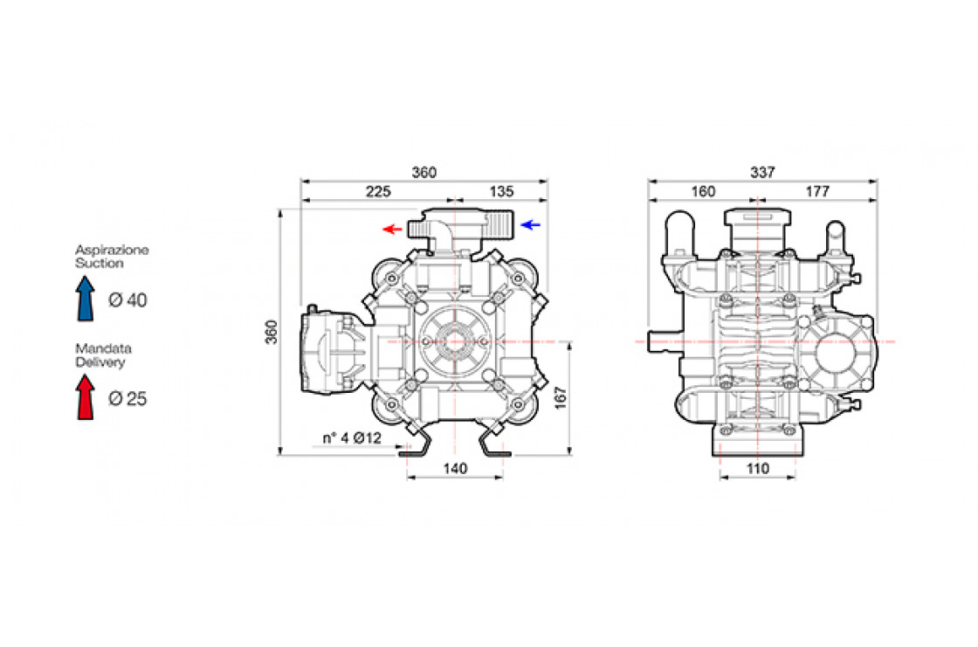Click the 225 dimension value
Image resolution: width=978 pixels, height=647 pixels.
tap(378, 191)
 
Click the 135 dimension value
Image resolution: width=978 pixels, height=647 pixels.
tap(501, 191)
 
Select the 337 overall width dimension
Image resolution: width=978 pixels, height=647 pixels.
tap(762, 172)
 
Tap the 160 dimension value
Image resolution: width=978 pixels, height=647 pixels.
tap(703, 191)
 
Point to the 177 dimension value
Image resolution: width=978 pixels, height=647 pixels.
tap(817, 191)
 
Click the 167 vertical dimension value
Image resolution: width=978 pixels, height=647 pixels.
tap(560, 398)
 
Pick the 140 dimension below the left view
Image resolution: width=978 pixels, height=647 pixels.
tap(455, 469)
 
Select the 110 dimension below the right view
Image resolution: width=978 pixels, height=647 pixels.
tap(757, 469)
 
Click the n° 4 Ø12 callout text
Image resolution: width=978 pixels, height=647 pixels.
tap(352, 438)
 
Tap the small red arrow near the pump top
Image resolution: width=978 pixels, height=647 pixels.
tap(392, 229)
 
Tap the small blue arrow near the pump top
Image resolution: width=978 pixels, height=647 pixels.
tap(531, 224)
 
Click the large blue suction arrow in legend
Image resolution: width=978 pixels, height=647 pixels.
tap(86, 299)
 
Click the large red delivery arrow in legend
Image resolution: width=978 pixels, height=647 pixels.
tap(86, 396)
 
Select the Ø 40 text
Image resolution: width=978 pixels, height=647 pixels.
tap(127, 300)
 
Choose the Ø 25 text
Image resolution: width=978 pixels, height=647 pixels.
tap(127, 399)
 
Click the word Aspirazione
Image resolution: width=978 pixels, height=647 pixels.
tap(113, 251)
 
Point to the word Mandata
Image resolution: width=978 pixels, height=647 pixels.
tap(104, 348)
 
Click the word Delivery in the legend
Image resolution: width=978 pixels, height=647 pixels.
tap(100, 361)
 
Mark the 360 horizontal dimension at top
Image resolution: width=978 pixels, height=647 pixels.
tap(424, 172)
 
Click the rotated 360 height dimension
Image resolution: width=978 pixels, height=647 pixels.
tap(272, 332)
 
